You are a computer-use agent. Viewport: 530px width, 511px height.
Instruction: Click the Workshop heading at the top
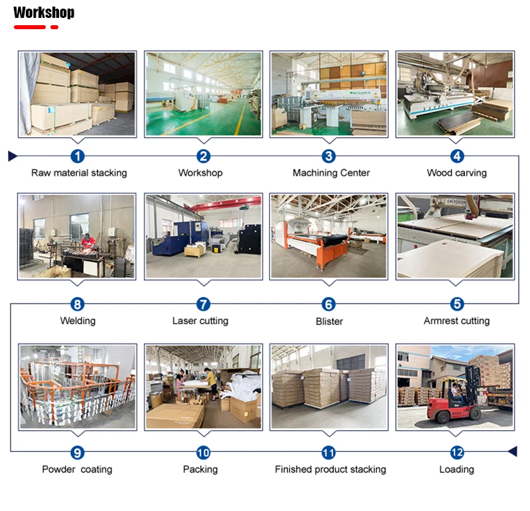[x=44, y=13]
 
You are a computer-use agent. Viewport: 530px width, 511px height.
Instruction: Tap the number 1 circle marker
[x=78, y=156]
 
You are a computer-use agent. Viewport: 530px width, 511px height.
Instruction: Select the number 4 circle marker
[x=456, y=156]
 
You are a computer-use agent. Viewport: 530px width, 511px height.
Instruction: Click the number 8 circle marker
[x=78, y=304]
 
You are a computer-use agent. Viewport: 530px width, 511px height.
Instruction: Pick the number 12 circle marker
[x=456, y=453]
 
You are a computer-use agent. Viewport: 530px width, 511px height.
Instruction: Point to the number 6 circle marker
[x=328, y=304]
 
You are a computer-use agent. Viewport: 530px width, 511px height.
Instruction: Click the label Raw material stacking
[x=79, y=173]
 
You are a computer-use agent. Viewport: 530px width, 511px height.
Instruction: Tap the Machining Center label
[x=331, y=173]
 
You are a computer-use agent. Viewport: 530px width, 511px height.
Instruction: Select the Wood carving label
[x=456, y=173]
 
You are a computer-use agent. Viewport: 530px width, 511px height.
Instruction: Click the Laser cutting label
[x=200, y=321]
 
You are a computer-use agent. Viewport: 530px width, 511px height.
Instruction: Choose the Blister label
[x=329, y=321]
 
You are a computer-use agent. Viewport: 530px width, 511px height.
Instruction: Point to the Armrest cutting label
[x=456, y=321]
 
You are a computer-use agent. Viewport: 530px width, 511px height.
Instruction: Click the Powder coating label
[x=77, y=469]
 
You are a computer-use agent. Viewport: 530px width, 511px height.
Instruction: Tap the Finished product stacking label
[x=330, y=469]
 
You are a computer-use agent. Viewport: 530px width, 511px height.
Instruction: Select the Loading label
[x=456, y=469]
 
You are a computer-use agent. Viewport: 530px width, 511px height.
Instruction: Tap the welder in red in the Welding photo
[x=88, y=243]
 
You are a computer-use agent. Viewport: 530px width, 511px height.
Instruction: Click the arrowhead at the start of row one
[x=12, y=156]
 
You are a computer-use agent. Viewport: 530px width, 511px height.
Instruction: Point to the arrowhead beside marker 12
[x=511, y=452]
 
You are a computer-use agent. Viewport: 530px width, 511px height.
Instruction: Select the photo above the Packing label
[x=203, y=386]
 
